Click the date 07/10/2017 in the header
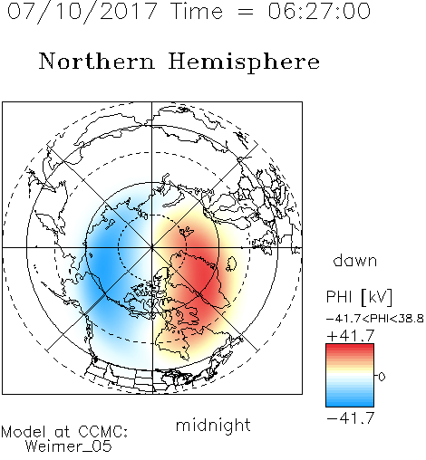coord(82,12)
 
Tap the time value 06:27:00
coord(319,11)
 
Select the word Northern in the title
coord(97,61)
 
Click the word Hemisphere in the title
coord(244,62)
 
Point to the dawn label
coord(355,260)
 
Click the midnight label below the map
coord(213,426)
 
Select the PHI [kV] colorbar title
coord(359,297)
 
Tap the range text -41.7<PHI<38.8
coord(375,319)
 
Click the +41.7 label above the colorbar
coord(351,336)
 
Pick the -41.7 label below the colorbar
coord(351,417)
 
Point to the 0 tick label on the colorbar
coord(382,377)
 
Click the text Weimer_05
coord(69,446)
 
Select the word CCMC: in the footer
coord(103,432)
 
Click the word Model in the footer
coord(24,432)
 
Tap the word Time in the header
coord(197,12)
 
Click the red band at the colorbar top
coord(350,347)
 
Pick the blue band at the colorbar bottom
coord(350,403)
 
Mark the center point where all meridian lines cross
coord(152,247)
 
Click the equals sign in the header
coord(246,12)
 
